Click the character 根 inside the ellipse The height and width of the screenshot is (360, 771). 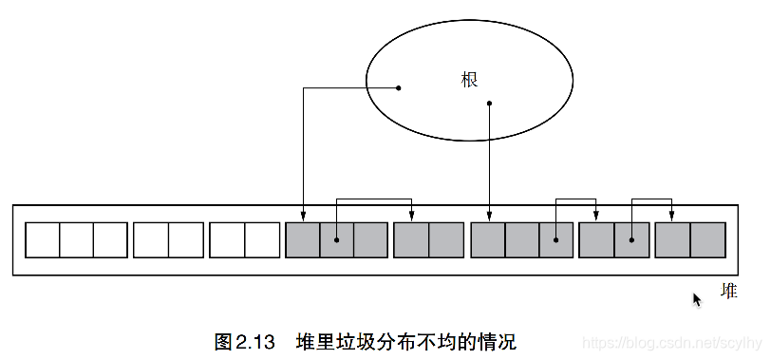click(469, 80)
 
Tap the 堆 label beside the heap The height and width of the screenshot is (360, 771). click(728, 291)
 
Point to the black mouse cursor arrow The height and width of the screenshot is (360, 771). click(697, 299)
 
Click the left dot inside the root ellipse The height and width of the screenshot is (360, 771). click(398, 88)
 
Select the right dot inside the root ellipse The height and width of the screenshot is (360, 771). click(489, 102)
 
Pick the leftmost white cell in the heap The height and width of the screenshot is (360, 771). click(42, 239)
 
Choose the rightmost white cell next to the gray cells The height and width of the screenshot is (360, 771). click(262, 239)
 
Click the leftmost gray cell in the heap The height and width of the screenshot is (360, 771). click(303, 239)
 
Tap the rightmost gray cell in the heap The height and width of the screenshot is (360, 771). click(708, 239)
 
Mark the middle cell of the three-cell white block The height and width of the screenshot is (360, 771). click(76, 239)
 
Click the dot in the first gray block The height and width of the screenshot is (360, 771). click(337, 239)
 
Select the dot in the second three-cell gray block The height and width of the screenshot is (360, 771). click(556, 239)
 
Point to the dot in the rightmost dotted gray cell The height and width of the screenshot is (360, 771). click(632, 239)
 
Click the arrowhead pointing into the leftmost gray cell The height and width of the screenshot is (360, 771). click(303, 218)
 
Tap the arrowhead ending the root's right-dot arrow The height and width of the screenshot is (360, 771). click(489, 218)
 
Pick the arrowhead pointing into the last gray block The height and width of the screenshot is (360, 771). click(672, 218)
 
